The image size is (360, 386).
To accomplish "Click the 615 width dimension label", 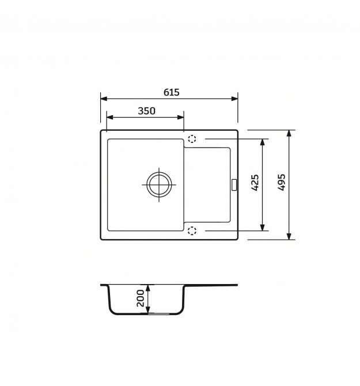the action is (x=171, y=92).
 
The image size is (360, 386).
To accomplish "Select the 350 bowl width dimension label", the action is (x=146, y=111).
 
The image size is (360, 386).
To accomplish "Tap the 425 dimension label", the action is (x=255, y=183).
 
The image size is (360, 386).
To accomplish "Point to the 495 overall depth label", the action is (x=281, y=182).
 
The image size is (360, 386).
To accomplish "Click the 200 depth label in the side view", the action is (x=141, y=298).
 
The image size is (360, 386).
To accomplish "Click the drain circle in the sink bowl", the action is (x=159, y=184).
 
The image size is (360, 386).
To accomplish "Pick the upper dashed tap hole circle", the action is (x=192, y=139).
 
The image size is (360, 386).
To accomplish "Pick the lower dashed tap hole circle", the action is (x=192, y=231).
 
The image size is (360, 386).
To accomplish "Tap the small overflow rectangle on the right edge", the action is (x=234, y=184).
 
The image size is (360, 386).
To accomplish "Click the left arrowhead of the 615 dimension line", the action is (x=104, y=99).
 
